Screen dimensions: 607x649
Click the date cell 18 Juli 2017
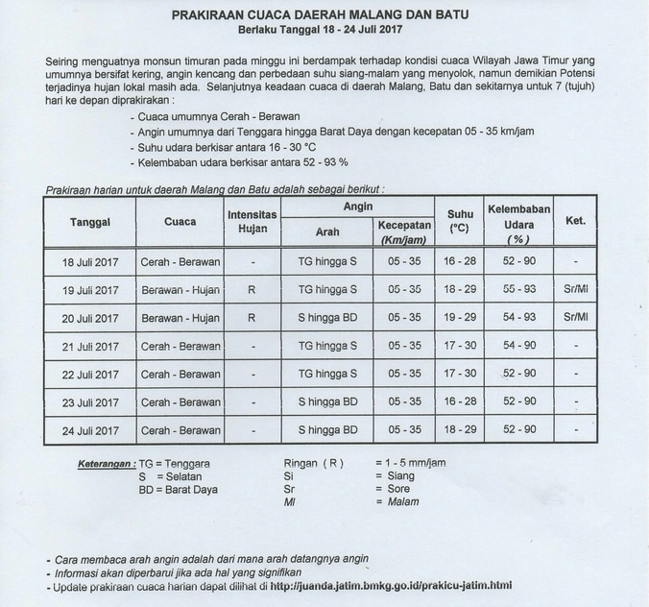[91, 262]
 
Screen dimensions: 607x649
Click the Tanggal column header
[91, 222]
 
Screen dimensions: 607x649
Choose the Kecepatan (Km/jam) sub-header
[402, 231]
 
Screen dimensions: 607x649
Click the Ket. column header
[575, 221]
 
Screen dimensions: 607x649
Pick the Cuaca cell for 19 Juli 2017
[180, 290]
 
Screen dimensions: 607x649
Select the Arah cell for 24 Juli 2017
[327, 429]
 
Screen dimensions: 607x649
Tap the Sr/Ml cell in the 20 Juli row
[575, 317]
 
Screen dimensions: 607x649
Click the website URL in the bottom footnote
[390, 586]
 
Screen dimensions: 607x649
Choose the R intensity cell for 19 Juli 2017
[252, 289]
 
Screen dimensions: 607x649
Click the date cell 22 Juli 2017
[91, 374]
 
